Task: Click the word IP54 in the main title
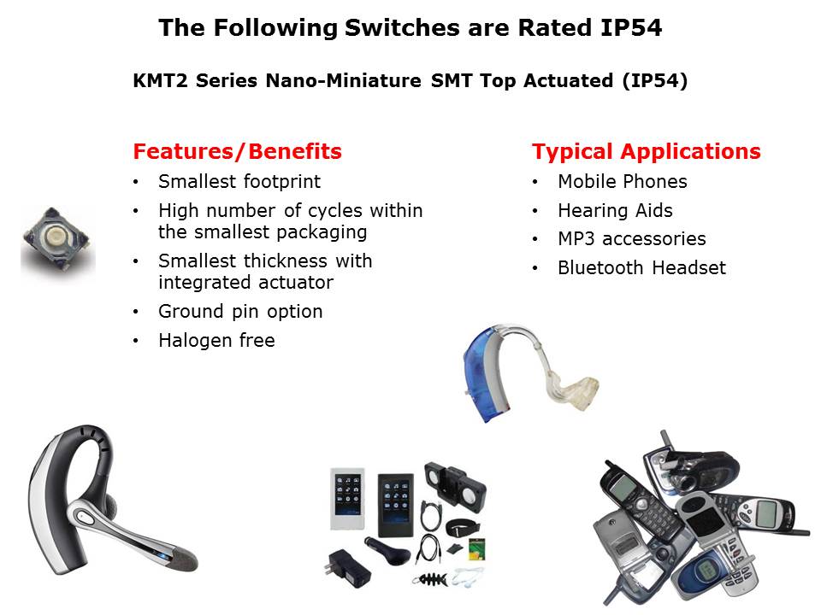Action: coord(631,27)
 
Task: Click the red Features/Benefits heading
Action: coord(237,151)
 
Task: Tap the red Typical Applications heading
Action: coord(647,152)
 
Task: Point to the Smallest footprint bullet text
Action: coord(239,181)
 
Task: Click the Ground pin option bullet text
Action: coord(240,311)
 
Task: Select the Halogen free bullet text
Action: coord(216,341)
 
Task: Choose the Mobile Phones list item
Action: coord(623,181)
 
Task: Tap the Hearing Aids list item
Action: coord(615,211)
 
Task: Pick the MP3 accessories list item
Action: coord(632,239)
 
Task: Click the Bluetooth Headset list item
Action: coord(642,267)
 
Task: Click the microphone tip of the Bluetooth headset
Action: coord(182,559)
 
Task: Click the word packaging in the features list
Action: coord(322,232)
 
